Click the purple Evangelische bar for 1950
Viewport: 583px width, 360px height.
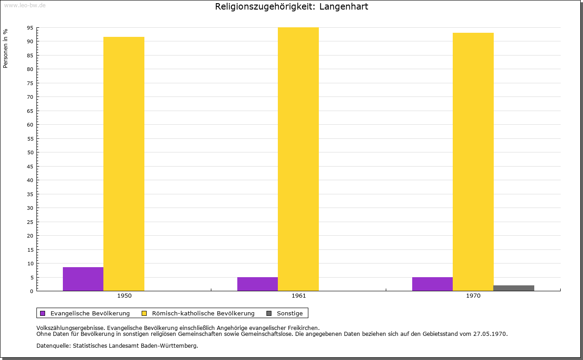point(83,279)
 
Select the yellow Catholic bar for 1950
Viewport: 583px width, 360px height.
point(124,164)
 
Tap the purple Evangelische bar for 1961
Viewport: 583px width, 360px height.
point(257,284)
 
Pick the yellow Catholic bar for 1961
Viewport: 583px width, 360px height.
point(298,159)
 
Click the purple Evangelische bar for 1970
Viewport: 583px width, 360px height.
point(432,284)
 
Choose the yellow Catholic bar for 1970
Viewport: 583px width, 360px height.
point(473,162)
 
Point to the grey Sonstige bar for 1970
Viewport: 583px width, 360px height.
point(514,288)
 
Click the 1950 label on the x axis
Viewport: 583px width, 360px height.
point(124,296)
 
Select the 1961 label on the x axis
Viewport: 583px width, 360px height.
point(299,296)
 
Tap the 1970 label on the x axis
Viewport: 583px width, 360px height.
point(473,296)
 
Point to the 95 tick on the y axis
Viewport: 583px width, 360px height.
point(30,28)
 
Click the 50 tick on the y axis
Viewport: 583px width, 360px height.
point(30,152)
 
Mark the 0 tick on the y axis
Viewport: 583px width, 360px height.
point(31,291)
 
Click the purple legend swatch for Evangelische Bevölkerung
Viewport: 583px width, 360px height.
point(43,313)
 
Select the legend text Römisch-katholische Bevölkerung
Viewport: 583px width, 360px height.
point(203,313)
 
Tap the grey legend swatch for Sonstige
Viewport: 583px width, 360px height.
point(269,313)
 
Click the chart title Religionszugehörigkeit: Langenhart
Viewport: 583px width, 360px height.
point(291,6)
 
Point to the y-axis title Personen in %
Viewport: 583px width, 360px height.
point(5,48)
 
